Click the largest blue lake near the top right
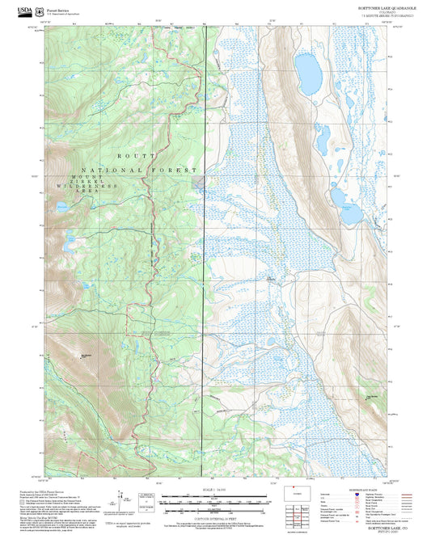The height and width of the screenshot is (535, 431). (308, 74)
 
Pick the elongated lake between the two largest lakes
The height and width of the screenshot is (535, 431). (322, 141)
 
